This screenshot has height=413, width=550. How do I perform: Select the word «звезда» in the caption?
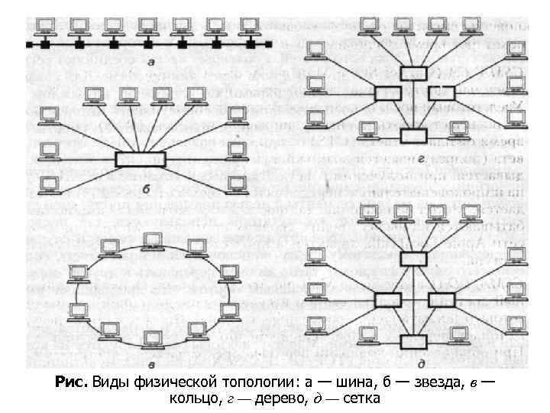tap(433, 382)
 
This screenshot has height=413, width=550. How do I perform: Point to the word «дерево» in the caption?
tap(277, 399)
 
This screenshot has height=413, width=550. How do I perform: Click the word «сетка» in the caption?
tap(361, 399)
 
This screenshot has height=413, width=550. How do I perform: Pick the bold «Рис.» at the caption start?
tap(71, 382)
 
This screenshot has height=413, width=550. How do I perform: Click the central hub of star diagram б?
tap(140, 158)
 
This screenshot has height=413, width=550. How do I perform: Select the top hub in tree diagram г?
tap(413, 73)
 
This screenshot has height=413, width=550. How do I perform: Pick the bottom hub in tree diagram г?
tap(413, 136)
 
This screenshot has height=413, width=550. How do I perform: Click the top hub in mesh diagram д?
tap(413, 258)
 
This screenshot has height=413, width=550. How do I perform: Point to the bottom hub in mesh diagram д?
tap(413, 340)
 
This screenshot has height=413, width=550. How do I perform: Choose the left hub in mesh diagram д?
tap(387, 299)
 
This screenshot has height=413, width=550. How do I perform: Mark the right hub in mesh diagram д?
tap(442, 299)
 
